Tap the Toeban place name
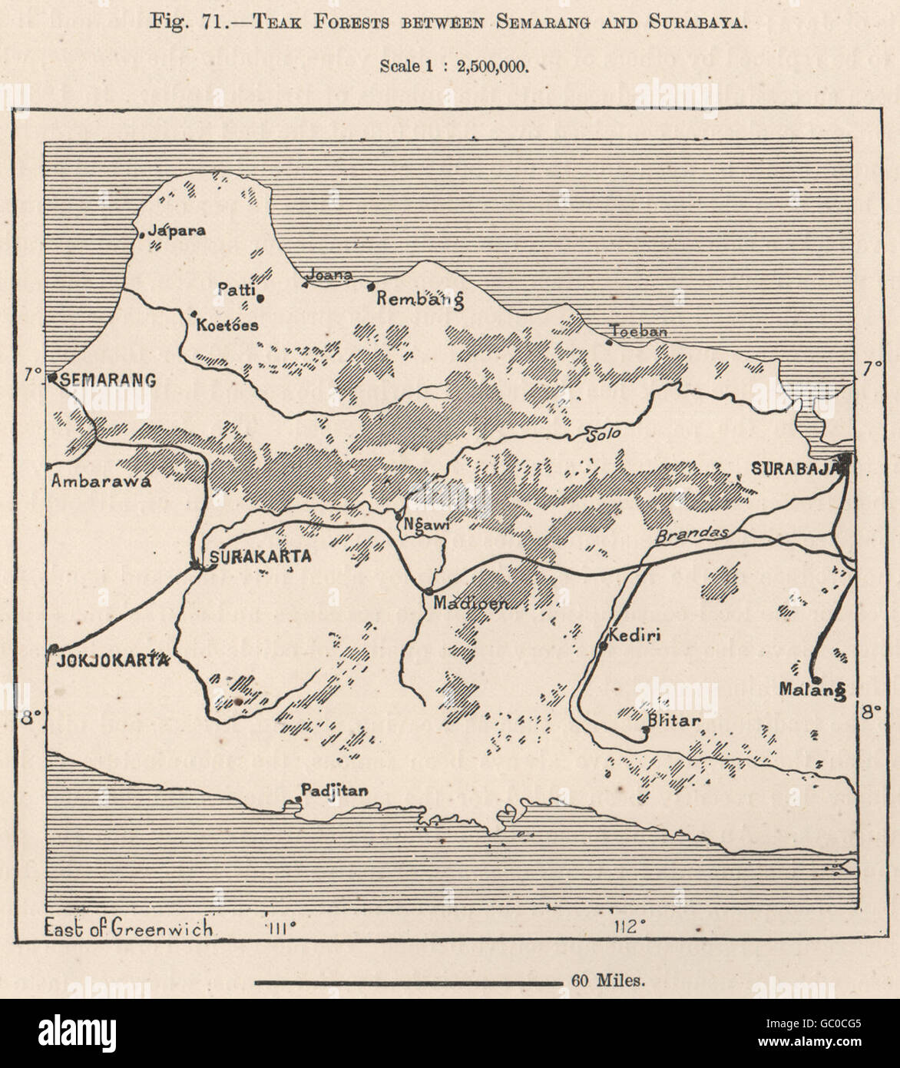(x=638, y=332)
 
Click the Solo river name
(x=603, y=435)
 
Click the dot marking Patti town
(x=261, y=299)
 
